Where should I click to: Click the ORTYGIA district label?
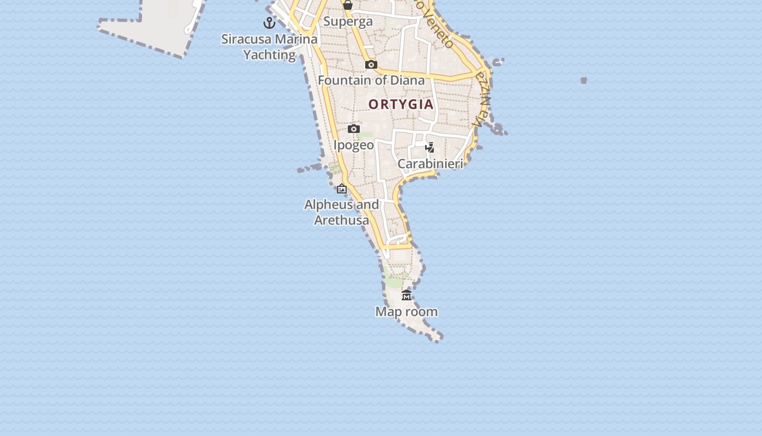(401, 104)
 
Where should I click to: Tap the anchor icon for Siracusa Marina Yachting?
(269, 23)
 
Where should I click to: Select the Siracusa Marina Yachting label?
(269, 47)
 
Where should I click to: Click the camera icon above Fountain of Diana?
(371, 64)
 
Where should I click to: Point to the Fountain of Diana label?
(371, 81)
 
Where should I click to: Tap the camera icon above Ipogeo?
(354, 129)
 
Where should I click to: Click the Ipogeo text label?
(354, 145)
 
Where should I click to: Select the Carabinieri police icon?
(430, 147)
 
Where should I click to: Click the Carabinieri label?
(430, 163)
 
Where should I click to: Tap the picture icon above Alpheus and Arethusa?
(342, 189)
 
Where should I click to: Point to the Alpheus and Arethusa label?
(342, 212)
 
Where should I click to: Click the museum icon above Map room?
(407, 295)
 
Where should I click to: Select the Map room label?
(407, 312)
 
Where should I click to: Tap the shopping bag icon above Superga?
(348, 5)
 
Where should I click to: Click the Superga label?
(348, 22)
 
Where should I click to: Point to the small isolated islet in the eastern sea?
(583, 80)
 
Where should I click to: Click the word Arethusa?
(342, 220)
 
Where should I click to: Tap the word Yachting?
(269, 55)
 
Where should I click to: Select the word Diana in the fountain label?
(408, 81)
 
